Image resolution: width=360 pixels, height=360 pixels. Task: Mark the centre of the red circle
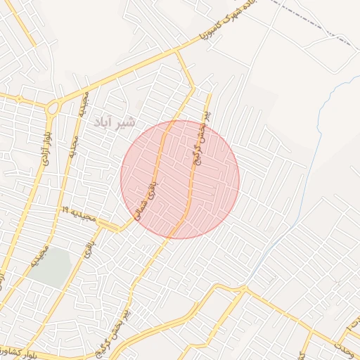click(180, 179)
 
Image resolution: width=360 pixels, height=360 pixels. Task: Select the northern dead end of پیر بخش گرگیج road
click(209, 94)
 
